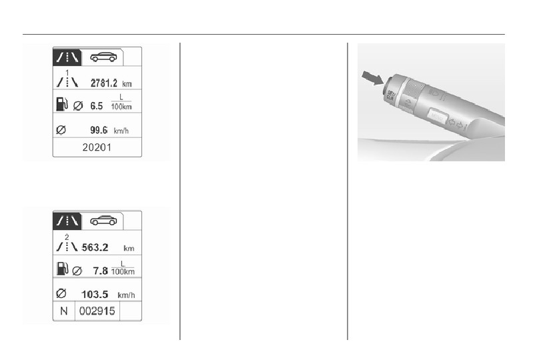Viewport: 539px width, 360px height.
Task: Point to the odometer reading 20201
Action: (97, 149)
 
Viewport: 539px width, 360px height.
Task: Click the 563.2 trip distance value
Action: (95, 248)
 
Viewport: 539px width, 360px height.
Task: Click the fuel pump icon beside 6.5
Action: (61, 105)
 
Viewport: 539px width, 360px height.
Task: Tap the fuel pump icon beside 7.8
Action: (61, 269)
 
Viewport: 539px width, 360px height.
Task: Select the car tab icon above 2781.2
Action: (103, 57)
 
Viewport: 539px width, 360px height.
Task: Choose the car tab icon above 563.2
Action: (103, 221)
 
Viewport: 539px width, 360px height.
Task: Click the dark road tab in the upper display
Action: (67, 57)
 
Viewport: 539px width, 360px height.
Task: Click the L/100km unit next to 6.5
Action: (121, 105)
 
